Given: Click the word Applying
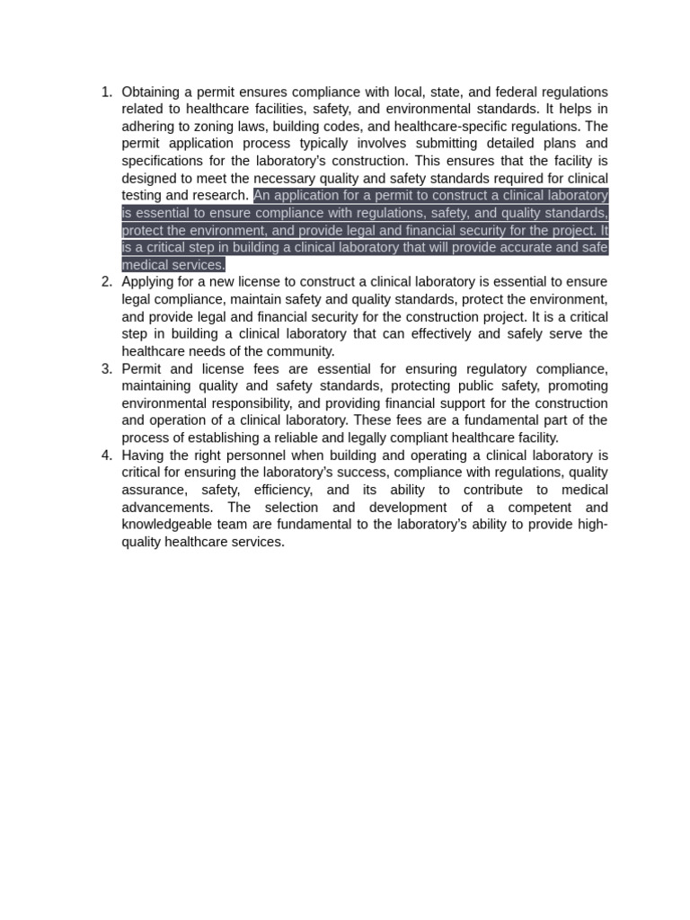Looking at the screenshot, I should point(148,282).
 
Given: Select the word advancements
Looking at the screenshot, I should point(166,508).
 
